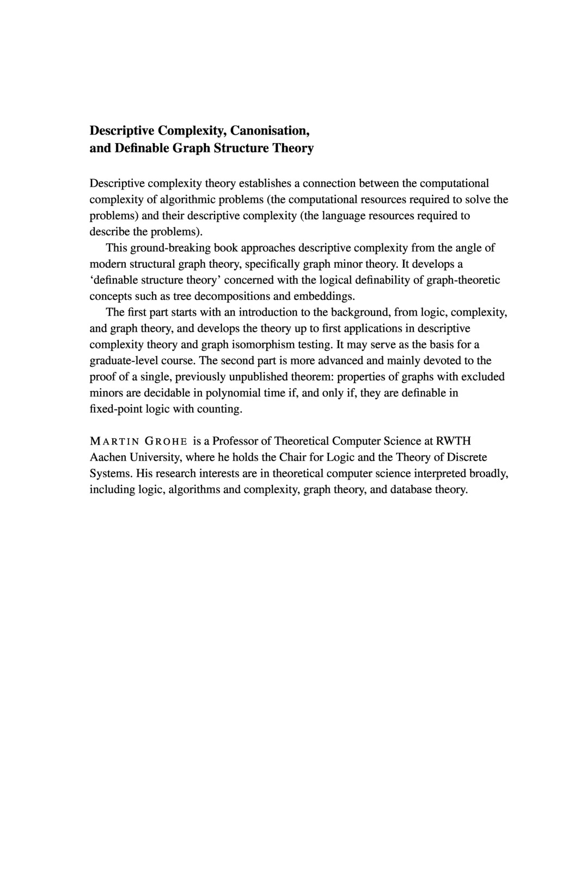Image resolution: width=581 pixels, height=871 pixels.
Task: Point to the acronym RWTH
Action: coord(453,440)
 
